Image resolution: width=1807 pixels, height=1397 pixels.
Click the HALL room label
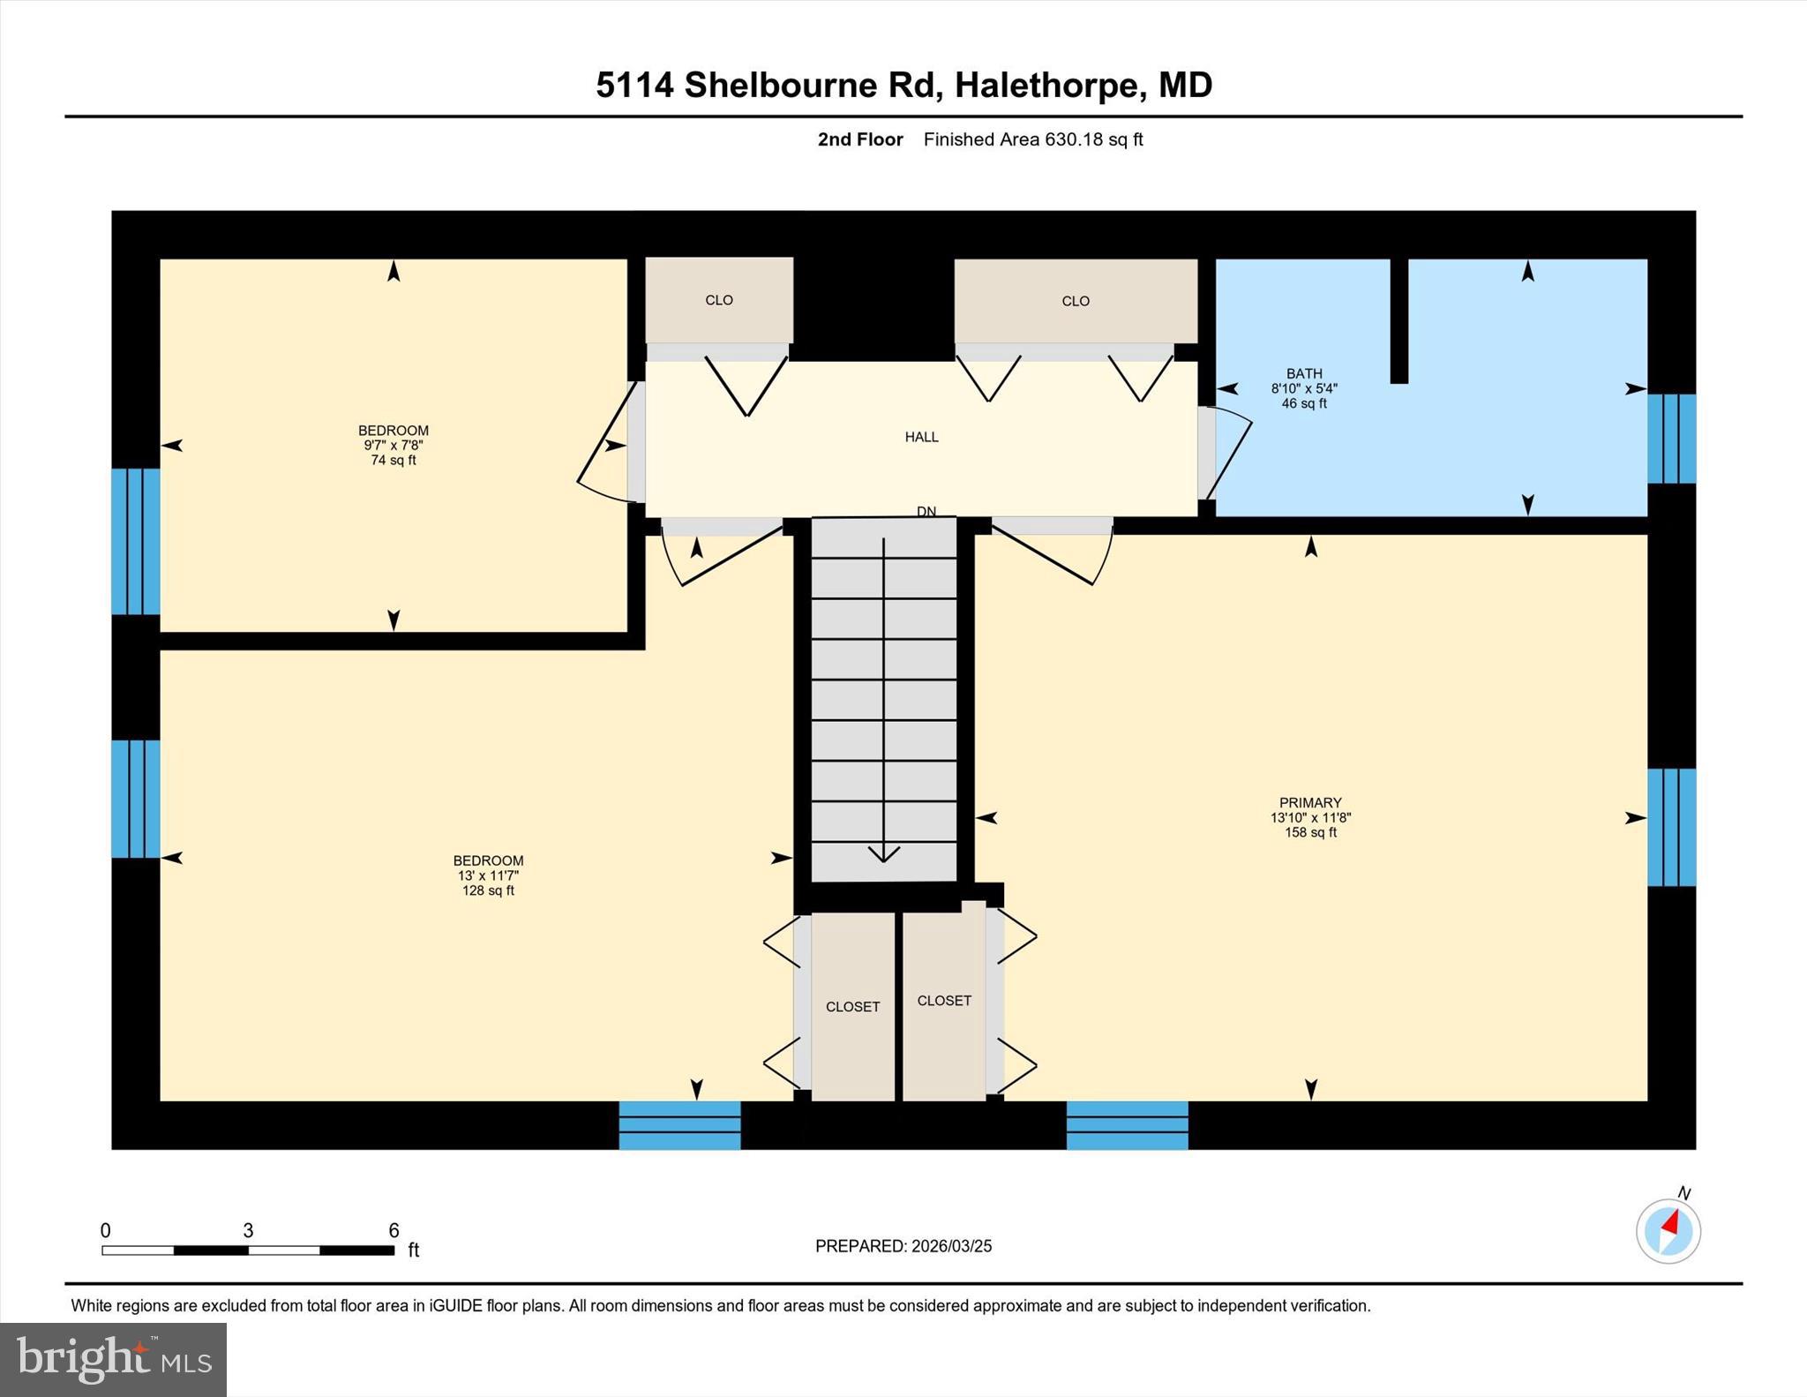pyautogui.click(x=921, y=437)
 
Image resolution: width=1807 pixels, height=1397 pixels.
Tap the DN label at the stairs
pyautogui.click(x=926, y=512)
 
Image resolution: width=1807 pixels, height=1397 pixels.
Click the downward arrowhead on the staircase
pyautogui.click(x=883, y=852)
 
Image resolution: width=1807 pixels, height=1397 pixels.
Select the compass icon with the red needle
pyautogui.click(x=1668, y=1230)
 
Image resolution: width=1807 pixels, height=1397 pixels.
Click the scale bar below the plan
pyautogui.click(x=247, y=1250)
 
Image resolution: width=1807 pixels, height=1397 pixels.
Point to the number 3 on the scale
pyautogui.click(x=248, y=1230)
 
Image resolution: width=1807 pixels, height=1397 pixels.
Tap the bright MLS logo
pyautogui.click(x=113, y=1359)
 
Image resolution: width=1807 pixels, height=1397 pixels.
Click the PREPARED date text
pyautogui.click(x=903, y=1246)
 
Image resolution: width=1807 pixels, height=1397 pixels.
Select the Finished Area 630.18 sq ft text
pyautogui.click(x=1032, y=139)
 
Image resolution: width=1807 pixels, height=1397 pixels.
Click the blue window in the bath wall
pyautogui.click(x=1671, y=439)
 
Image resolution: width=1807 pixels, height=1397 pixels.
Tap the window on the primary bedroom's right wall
pyautogui.click(x=1671, y=827)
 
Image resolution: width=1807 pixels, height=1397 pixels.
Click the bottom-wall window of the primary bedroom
pyautogui.click(x=1127, y=1124)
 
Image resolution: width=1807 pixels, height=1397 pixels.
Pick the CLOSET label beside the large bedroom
pyautogui.click(x=852, y=1007)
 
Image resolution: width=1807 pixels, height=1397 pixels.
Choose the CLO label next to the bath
pyautogui.click(x=1076, y=302)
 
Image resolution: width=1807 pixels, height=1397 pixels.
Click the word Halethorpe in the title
pyautogui.click(x=1046, y=86)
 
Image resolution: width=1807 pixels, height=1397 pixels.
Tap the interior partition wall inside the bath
pyautogui.click(x=1398, y=320)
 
